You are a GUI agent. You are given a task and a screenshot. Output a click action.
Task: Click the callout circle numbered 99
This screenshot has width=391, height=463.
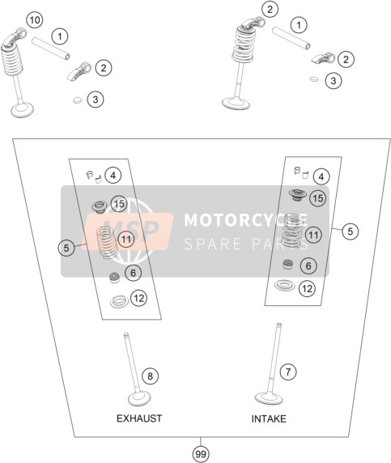201,453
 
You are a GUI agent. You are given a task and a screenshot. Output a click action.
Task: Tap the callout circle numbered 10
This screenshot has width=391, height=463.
35,20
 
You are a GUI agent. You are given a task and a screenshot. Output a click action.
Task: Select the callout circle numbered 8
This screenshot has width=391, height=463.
150,376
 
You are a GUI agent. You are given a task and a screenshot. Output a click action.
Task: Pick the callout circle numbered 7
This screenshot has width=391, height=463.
288,372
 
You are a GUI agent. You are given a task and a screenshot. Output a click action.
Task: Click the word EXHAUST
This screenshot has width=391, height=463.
139,418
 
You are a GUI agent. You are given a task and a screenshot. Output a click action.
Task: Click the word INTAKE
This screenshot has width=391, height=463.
269,418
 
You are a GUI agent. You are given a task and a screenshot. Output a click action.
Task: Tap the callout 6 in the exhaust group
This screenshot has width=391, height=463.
134,273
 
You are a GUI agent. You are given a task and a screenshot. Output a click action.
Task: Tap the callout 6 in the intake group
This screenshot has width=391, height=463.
308,265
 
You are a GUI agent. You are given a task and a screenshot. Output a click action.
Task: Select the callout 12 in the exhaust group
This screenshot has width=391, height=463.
138,298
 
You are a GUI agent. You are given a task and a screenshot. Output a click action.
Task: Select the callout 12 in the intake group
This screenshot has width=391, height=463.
307,288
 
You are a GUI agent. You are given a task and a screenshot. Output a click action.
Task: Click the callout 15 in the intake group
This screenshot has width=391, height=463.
318,198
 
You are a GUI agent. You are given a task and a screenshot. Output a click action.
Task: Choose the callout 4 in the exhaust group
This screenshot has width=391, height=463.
113,176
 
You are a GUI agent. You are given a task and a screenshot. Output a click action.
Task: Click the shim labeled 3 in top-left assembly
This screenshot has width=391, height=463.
78,100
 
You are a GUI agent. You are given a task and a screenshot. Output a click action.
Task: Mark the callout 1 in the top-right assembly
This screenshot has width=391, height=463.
299,25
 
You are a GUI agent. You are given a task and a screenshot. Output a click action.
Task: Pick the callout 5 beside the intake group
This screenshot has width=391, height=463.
351,231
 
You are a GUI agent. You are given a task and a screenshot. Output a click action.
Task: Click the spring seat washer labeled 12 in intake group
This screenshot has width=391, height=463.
285,285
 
